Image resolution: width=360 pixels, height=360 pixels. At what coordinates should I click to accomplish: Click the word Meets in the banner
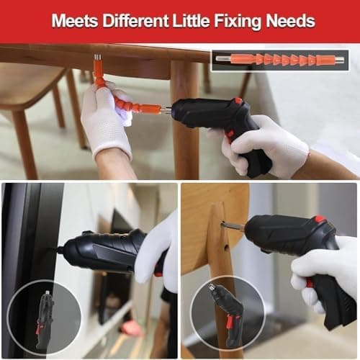74,21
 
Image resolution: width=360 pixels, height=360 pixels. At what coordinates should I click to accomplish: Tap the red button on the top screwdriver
238,102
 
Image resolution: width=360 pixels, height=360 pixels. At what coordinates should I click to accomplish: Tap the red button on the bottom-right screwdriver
320,220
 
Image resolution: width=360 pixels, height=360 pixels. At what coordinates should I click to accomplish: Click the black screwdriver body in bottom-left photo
101,252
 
